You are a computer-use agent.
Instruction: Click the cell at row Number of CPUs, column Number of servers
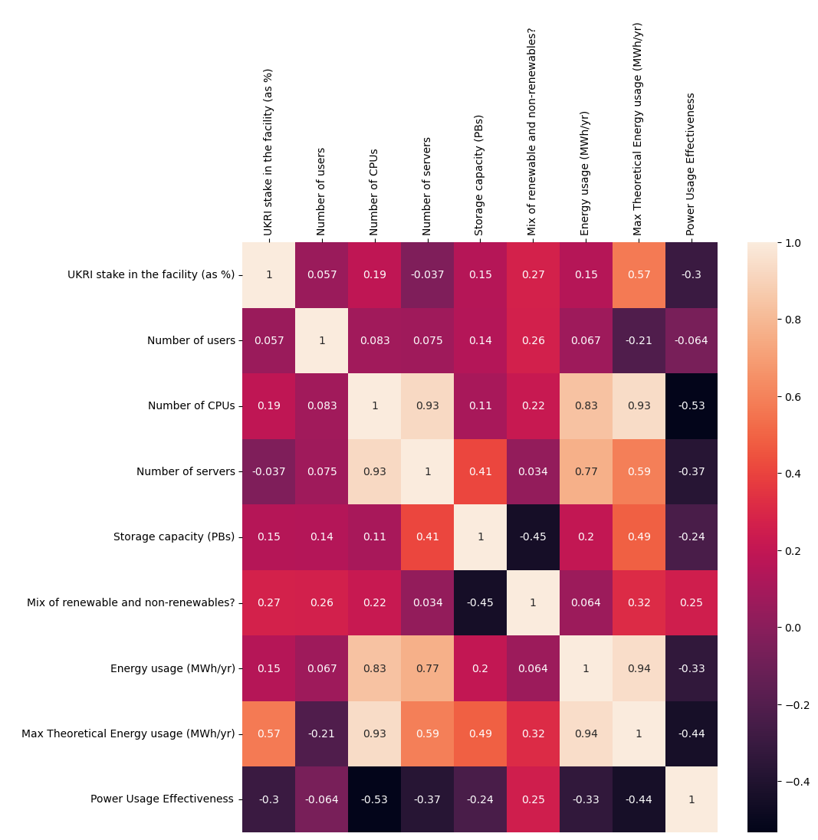(428, 406)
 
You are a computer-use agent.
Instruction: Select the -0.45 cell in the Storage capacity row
(534, 537)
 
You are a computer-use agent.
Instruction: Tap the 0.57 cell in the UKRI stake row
(639, 275)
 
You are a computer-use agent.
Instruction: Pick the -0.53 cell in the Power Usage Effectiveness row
(375, 799)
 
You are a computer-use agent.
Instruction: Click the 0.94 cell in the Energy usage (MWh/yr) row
(639, 668)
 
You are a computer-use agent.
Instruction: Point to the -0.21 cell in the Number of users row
(639, 340)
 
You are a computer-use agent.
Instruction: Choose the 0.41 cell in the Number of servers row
(481, 471)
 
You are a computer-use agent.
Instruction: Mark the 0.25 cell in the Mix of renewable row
(692, 602)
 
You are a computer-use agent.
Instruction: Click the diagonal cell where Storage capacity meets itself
(481, 537)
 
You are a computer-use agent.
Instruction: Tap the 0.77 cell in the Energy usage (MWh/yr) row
(428, 668)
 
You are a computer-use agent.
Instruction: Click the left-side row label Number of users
(191, 340)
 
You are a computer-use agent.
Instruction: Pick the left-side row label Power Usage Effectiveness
(162, 799)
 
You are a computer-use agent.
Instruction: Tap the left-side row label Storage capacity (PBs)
(174, 537)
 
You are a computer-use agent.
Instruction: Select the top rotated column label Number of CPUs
(374, 192)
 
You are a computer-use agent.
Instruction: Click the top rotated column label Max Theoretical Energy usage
(638, 129)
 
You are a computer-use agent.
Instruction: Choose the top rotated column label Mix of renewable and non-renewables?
(532, 132)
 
